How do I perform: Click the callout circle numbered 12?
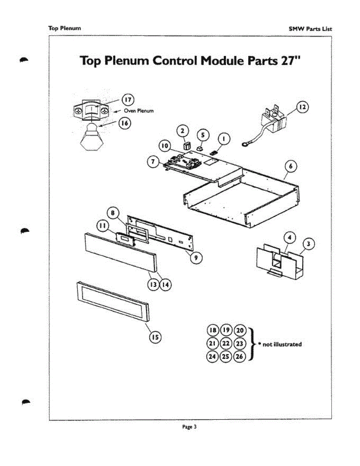303,106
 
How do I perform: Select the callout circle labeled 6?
291,166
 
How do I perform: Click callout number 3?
308,244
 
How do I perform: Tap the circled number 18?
213,330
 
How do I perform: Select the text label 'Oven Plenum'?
139,111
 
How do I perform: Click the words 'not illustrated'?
282,344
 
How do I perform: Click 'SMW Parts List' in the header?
310,29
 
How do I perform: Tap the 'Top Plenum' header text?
64,28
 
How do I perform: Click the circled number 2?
183,131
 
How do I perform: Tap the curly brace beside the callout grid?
252,344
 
